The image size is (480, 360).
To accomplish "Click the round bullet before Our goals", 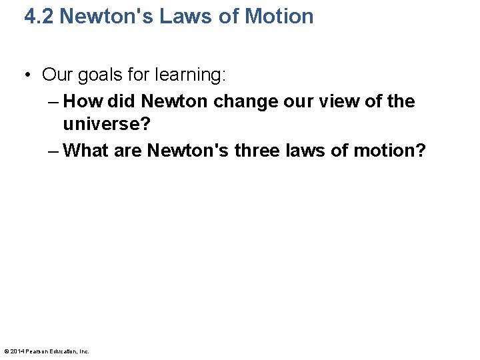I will point(29,75).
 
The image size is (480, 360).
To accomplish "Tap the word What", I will point(87,150).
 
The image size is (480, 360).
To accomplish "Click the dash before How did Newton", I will point(54,101).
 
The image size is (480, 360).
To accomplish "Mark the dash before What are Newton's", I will point(54,150).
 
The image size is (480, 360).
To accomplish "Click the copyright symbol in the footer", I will point(7,351).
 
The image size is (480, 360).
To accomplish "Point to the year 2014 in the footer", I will point(17,351).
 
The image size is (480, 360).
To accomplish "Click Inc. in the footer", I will point(84,351).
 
